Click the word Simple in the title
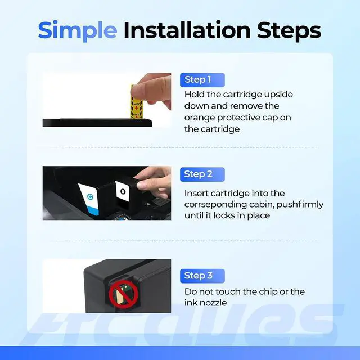pos(78,31)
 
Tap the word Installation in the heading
pos(187,30)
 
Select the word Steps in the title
pos(289,31)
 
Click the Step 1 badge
pos(202,80)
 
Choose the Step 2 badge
pos(202,174)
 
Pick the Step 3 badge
pos(202,276)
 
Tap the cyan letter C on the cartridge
pos(90,196)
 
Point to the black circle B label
pos(123,191)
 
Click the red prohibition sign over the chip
pos(124,294)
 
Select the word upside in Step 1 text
pos(278,94)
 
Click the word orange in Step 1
pos(200,118)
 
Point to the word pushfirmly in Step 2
pos(300,204)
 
